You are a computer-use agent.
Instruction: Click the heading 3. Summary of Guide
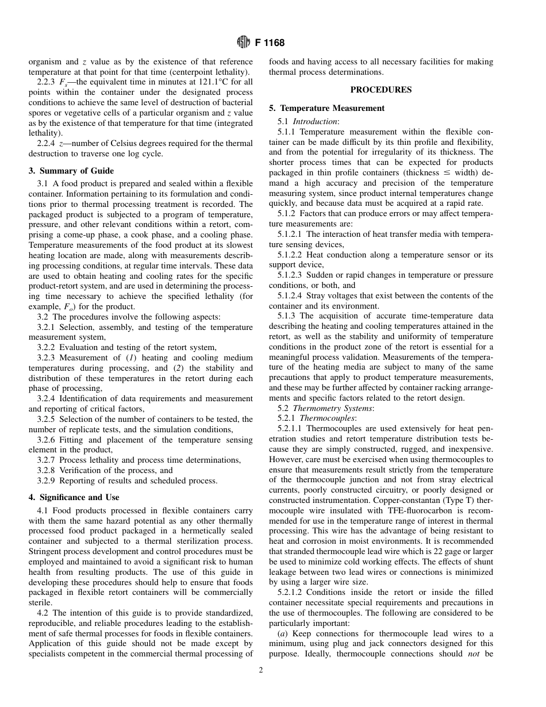click(71, 171)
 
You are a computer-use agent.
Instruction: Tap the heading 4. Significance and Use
click(74, 497)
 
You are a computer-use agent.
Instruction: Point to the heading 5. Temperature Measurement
click(326, 108)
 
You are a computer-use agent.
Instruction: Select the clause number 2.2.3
click(47, 82)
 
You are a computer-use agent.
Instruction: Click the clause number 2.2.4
click(47, 143)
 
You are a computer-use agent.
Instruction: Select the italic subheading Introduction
click(316, 121)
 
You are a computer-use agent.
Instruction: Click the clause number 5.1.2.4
click(291, 295)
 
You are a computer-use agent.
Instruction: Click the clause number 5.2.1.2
click(291, 592)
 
